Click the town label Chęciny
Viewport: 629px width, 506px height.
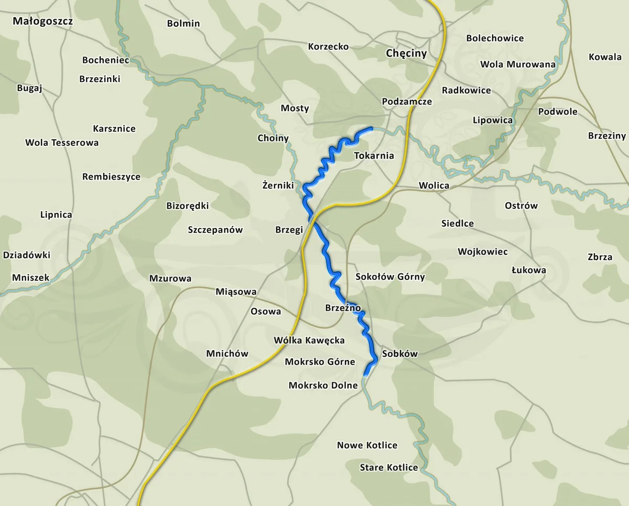coord(406,54)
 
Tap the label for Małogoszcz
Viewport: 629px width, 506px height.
coord(43,22)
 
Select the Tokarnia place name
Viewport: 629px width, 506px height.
coord(374,155)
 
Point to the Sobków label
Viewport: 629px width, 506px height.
coord(400,353)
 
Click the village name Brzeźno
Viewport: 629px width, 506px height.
coord(343,308)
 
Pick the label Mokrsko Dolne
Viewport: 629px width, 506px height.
coord(323,385)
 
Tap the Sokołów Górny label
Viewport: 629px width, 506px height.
coord(390,277)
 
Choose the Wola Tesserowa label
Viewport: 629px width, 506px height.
coord(62,143)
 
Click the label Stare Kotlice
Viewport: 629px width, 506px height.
coord(389,467)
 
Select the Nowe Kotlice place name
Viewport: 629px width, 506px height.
coord(367,445)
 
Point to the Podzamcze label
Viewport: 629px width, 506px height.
coord(407,101)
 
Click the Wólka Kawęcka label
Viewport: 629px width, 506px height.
coord(309,340)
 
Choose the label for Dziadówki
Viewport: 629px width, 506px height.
coord(27,255)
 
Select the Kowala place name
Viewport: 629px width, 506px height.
coord(605,57)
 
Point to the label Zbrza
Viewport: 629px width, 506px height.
coord(600,257)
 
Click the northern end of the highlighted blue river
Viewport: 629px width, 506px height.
coord(371,128)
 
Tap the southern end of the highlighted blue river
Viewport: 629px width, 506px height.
coord(365,375)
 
